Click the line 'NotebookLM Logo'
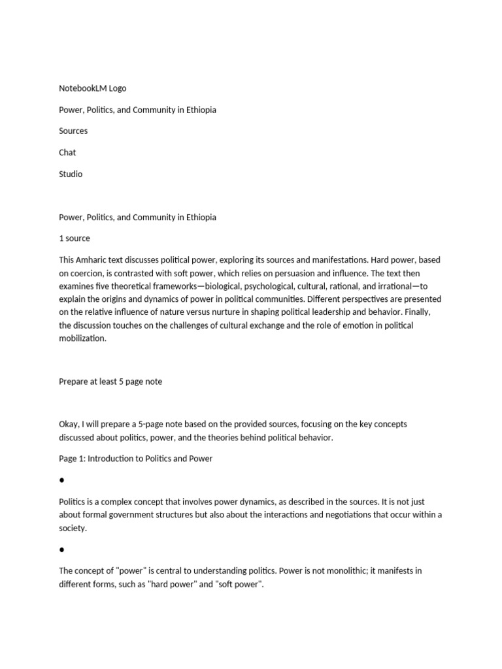pyautogui.click(x=92, y=88)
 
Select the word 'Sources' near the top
pyautogui.click(x=73, y=131)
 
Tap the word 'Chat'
pyautogui.click(x=67, y=153)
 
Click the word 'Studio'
pyautogui.click(x=71, y=174)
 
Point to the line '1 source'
pyautogui.click(x=75, y=238)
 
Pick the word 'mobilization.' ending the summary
pyautogui.click(x=82, y=339)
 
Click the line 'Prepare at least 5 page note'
pyautogui.click(x=110, y=382)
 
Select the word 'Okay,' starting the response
pyautogui.click(x=69, y=425)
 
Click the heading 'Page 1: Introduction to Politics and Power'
pyautogui.click(x=135, y=459)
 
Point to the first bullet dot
pyautogui.click(x=61, y=480)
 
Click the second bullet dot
pyautogui.click(x=61, y=550)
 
